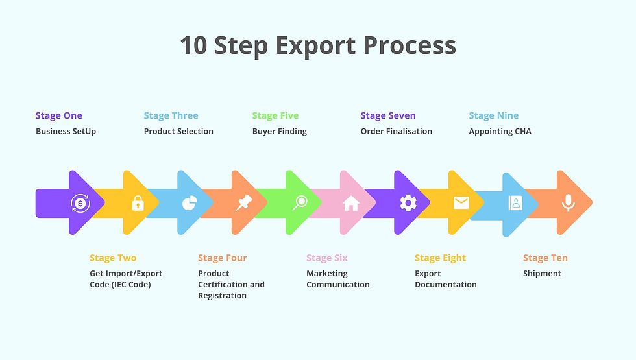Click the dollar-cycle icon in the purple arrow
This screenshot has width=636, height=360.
coord(80,203)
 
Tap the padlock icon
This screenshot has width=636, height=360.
coord(138,204)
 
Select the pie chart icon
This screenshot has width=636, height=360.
coord(189,204)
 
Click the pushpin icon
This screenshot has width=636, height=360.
coord(243,204)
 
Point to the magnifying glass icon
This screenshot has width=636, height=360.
coord(299,203)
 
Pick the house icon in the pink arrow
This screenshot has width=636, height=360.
coord(351,204)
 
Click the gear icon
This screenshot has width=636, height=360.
coord(408,203)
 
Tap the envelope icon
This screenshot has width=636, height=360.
coord(461,203)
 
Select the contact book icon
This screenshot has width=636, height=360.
coord(515,203)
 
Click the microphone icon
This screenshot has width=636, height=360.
coord(569,203)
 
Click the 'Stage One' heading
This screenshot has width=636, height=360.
coord(58,115)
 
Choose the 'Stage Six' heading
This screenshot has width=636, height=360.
coord(327,258)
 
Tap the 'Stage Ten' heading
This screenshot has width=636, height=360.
coord(545,258)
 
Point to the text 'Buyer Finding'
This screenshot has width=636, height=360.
coord(279,131)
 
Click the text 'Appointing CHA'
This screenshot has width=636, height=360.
coord(500,131)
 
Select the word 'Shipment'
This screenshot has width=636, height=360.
coord(542,273)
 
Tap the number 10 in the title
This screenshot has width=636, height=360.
coord(193,45)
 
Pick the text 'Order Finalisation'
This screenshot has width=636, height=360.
coord(396,131)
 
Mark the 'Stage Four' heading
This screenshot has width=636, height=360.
coord(223,258)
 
